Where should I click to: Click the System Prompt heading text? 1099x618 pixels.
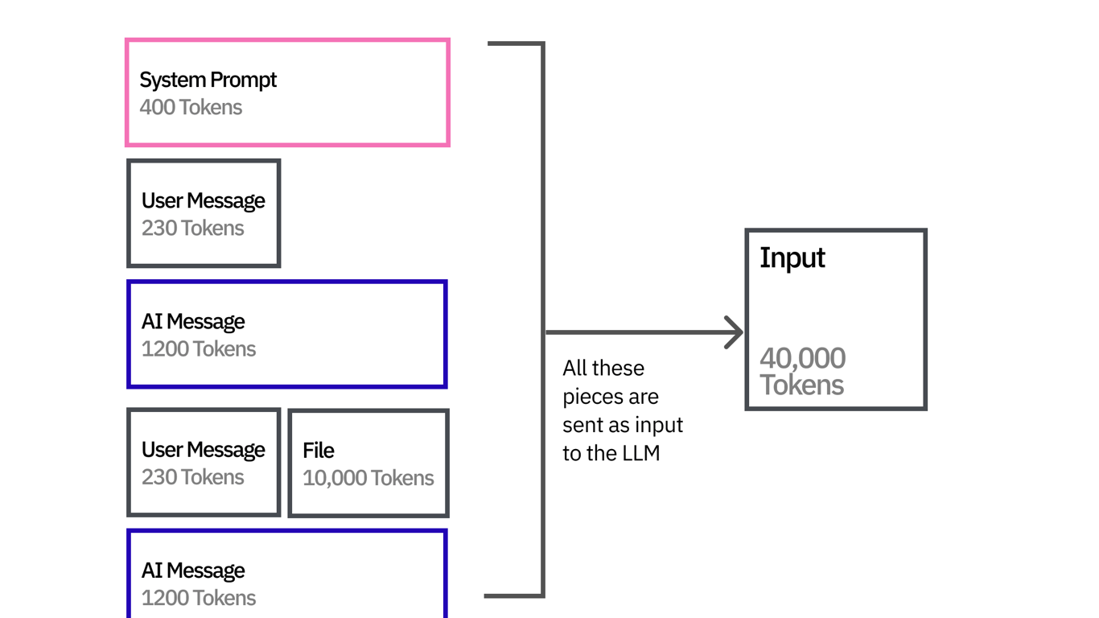point(208,80)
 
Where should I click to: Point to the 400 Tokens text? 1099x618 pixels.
point(191,107)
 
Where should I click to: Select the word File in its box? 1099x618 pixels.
point(319,451)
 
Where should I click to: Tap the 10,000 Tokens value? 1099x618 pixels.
point(368,478)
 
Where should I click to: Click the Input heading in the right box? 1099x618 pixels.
point(792,258)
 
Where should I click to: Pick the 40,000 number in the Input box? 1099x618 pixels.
point(802,358)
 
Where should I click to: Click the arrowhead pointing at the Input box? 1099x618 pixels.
point(734,332)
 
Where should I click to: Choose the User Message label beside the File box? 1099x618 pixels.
point(203,450)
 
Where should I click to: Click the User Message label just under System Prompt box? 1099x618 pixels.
point(203,200)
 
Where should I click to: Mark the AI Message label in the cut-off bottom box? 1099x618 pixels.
point(193,571)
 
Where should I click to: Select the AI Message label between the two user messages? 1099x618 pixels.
point(193,321)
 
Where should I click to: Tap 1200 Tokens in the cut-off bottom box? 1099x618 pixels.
point(199,598)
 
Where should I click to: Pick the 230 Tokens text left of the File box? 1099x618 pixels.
point(192,477)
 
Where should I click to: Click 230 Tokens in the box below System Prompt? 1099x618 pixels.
point(192,228)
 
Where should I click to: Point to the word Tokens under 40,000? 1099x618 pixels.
point(801,385)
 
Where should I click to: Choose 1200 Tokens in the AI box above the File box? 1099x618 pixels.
point(199,348)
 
